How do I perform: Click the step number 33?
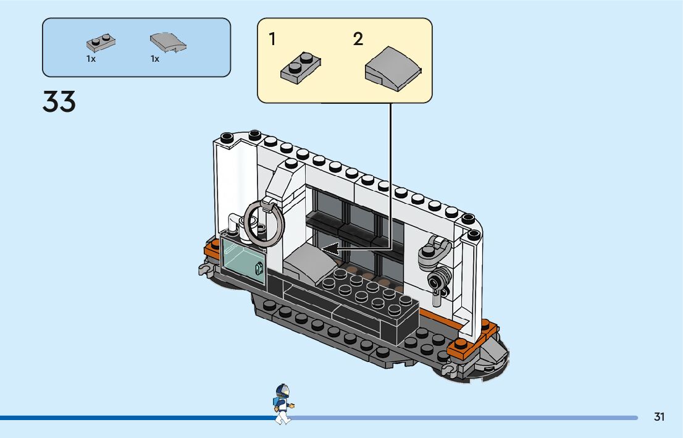[59, 102]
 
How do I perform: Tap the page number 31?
[660, 417]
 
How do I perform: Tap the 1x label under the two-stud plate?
[91, 59]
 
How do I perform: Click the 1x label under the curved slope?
[155, 59]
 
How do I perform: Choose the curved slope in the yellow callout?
[393, 69]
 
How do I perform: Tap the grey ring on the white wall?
[264, 222]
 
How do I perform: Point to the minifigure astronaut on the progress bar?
[282, 404]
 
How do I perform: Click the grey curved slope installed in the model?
[309, 262]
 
